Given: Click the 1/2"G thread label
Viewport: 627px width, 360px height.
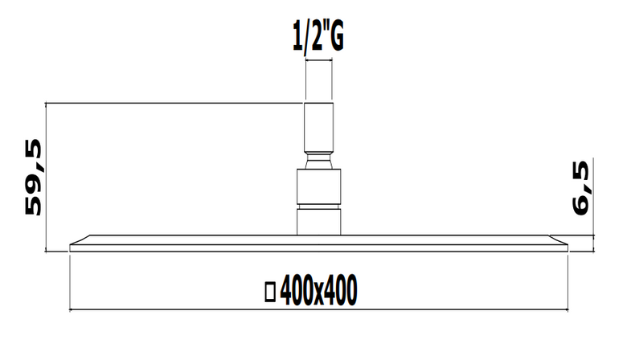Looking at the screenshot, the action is click(x=318, y=37).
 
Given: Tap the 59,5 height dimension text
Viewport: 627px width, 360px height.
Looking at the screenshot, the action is click(x=33, y=178).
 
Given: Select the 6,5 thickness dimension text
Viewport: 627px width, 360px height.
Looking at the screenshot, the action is click(x=580, y=187).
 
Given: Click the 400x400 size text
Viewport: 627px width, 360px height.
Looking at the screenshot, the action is click(x=318, y=290).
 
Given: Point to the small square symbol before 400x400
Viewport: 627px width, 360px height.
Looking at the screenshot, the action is click(x=270, y=292).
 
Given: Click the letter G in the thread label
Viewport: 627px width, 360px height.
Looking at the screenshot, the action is click(x=336, y=37).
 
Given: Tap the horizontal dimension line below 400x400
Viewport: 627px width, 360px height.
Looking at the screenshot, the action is click(x=318, y=309).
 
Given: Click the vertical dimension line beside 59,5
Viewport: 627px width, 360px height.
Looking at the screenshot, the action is click(x=46, y=178).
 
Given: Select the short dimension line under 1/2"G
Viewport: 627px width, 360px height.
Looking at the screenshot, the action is click(x=318, y=60).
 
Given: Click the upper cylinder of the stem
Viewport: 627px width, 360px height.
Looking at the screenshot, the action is click(x=318, y=128).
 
